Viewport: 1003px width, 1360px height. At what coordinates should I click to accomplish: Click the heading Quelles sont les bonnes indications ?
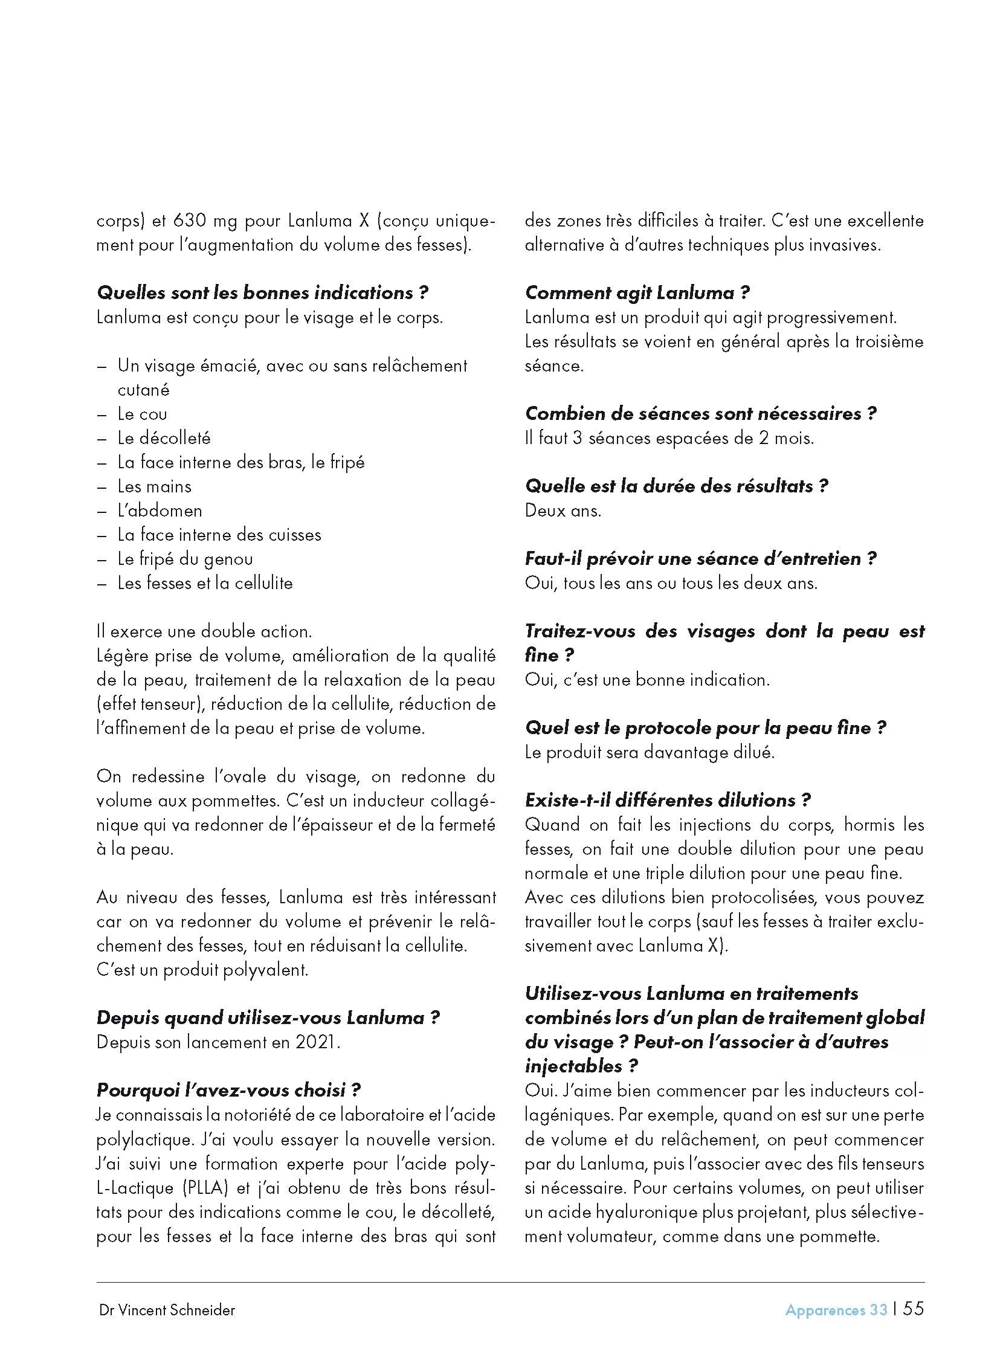click(x=263, y=292)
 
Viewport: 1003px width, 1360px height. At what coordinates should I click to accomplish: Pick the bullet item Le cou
click(x=142, y=414)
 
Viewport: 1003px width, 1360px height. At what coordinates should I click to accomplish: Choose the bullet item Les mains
click(x=154, y=486)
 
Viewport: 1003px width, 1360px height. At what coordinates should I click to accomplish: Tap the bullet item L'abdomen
click(x=160, y=511)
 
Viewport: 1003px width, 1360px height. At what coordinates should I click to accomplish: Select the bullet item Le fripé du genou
click(x=185, y=559)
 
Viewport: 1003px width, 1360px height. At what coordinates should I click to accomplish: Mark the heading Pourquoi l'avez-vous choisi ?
click(x=229, y=1091)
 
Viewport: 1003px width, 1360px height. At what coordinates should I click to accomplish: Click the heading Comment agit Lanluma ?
click(x=637, y=292)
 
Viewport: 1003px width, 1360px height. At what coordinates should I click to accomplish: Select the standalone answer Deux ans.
click(x=563, y=511)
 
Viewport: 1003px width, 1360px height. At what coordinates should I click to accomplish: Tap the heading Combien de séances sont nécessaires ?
click(x=701, y=413)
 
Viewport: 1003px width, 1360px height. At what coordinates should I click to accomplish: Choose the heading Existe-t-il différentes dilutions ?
click(x=668, y=800)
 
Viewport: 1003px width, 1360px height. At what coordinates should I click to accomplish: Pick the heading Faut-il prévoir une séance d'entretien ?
click(x=701, y=559)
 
